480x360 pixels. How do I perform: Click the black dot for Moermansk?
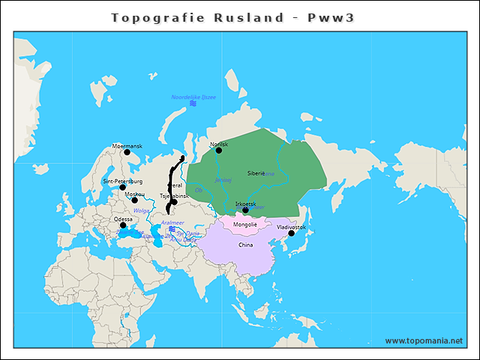tap(127, 152)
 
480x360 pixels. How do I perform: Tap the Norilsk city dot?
tap(219, 150)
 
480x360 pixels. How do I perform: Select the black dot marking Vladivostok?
tap(292, 232)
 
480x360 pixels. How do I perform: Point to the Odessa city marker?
tap(123, 225)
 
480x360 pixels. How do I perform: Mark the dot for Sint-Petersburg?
tap(123, 187)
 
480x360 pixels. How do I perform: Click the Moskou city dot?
tap(135, 200)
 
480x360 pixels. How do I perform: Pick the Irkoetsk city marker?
tap(245, 210)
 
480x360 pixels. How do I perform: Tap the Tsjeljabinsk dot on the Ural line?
tap(174, 202)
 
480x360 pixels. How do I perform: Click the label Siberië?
tap(256, 172)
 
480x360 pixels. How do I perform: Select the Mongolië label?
tap(245, 224)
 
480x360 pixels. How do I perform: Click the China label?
tap(245, 244)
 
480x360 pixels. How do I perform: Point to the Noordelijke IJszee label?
tap(193, 97)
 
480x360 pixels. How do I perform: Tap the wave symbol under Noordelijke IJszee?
tap(193, 103)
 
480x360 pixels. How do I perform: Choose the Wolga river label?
tap(141, 211)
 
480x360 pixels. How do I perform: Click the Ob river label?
tap(198, 190)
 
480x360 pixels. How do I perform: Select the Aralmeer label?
tap(172, 223)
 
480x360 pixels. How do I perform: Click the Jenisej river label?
tap(223, 180)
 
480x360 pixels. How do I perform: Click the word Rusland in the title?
tap(253, 17)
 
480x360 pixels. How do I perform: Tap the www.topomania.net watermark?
tap(424, 340)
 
